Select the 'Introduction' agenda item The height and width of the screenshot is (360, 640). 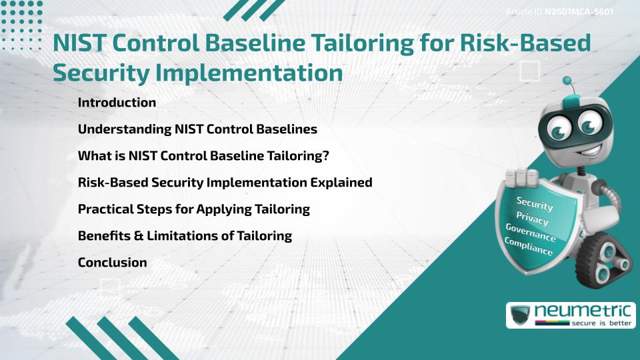point(117,103)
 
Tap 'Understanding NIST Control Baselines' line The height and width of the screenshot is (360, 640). point(197,129)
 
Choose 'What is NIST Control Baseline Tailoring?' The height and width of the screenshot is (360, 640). point(204,156)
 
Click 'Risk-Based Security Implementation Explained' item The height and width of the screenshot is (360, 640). point(225,182)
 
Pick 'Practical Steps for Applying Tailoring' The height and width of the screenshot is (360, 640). point(193,209)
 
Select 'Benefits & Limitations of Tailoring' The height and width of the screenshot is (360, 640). point(185,235)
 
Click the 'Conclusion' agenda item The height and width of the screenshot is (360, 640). point(112,262)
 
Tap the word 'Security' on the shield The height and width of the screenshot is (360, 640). point(535,204)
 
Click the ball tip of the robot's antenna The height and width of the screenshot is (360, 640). point(568,81)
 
